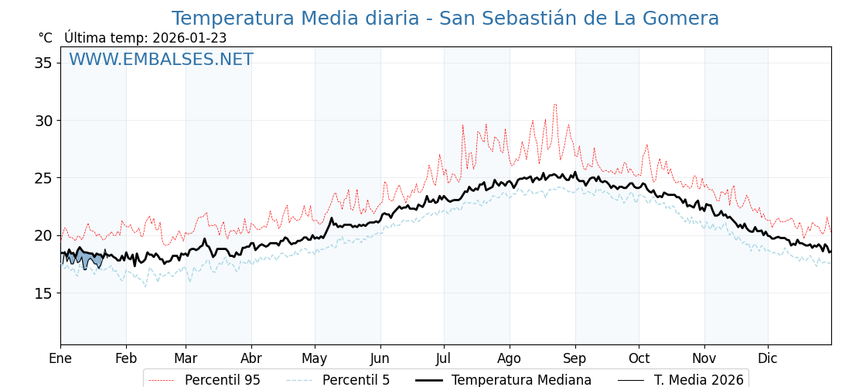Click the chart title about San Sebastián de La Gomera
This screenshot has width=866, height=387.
point(445,19)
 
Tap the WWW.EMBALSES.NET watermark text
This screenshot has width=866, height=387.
point(161,60)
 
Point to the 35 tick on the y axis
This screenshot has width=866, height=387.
point(43,63)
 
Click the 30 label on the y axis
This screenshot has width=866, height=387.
point(43,121)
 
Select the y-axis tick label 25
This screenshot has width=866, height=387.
point(43,178)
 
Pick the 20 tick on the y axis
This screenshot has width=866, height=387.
point(43,235)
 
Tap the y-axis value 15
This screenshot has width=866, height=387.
point(43,293)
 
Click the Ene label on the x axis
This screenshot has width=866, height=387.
point(60,358)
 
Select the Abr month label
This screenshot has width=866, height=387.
point(251,358)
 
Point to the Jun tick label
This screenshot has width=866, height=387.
point(380,358)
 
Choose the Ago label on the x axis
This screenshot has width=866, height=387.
point(510,358)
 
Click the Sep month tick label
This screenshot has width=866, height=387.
point(575,358)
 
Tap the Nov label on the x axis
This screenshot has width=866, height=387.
point(704,358)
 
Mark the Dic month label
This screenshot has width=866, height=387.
point(768,358)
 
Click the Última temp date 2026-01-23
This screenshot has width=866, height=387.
point(189,38)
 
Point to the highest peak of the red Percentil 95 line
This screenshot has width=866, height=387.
point(554,104)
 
